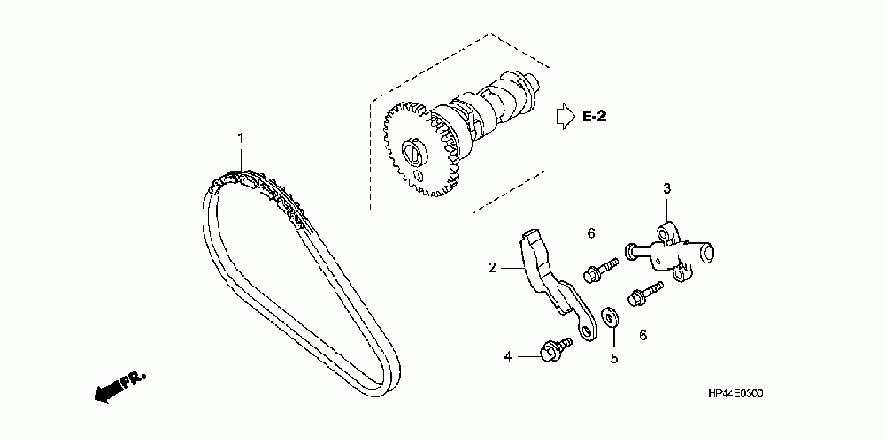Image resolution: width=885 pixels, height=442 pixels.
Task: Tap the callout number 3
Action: point(668,188)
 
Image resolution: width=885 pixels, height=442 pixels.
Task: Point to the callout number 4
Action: point(508,356)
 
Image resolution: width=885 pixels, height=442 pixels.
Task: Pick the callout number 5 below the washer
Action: point(612,358)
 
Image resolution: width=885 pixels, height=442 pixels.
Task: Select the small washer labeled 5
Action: point(610,316)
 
